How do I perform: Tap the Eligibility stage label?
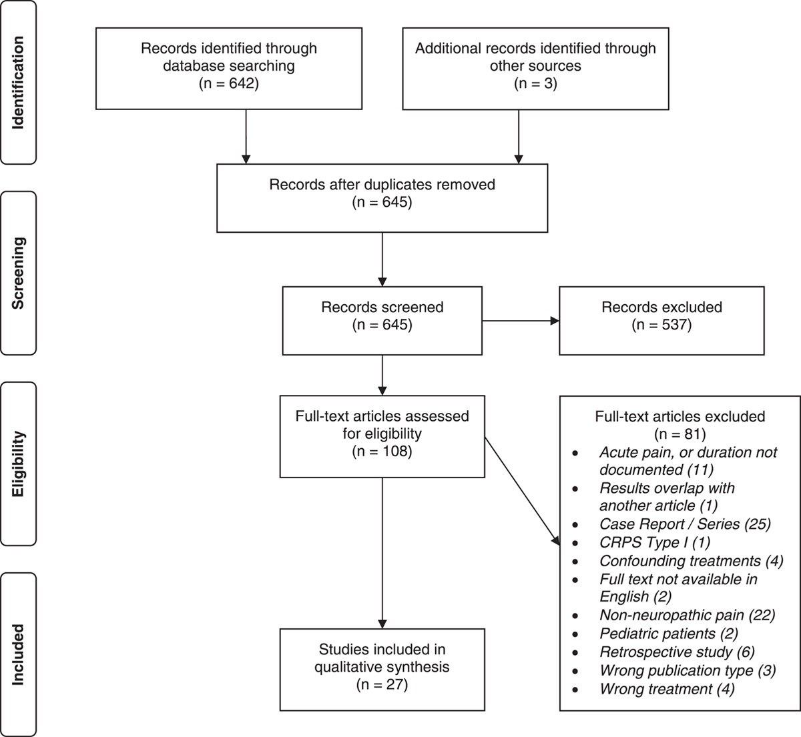18,464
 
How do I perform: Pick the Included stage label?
18,654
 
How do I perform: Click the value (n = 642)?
228,84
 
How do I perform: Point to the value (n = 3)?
535,84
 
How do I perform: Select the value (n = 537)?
661,325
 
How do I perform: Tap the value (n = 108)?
382,452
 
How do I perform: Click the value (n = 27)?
382,684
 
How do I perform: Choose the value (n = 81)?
680,434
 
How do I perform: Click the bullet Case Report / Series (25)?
685,524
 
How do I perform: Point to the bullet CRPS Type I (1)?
655,542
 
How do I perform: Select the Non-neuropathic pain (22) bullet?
687,615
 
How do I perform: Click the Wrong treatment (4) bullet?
667,688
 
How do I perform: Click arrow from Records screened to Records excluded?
519,321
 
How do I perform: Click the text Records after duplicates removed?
382,184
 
